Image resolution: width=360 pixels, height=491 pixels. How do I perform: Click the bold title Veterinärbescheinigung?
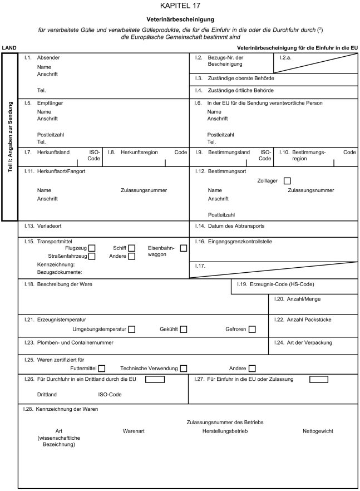point(180,19)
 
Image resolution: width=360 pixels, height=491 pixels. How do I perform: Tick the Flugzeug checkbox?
point(92,248)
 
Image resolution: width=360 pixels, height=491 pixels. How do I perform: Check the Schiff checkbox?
point(132,248)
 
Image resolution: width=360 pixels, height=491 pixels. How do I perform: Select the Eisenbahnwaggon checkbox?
point(183,248)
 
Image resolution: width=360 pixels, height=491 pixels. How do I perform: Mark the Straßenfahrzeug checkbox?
point(92,257)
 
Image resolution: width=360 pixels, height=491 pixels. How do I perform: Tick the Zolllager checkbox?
point(287,180)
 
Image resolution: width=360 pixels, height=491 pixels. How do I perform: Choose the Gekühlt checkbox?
point(183,330)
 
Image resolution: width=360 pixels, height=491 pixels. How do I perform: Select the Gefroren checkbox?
point(252,330)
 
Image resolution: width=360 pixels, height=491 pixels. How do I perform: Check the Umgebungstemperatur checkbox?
point(132,330)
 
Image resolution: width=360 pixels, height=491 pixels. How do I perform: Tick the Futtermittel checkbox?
point(101,368)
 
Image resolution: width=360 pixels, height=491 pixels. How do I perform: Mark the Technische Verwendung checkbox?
point(183,368)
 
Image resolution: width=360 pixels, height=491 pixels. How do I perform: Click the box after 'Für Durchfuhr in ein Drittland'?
point(155,380)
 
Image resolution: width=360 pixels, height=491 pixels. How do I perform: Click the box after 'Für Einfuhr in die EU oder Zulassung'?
point(319,380)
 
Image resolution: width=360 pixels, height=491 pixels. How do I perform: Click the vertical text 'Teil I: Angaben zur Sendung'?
point(10,136)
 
